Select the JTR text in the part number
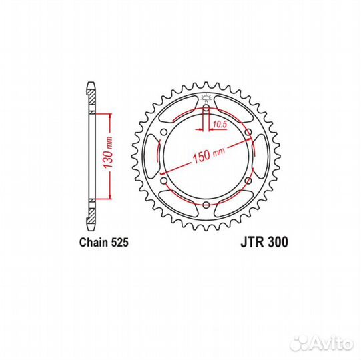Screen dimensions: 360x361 pos(252,243)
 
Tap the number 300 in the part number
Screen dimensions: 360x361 pos(278,243)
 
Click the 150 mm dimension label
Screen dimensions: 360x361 pos(209,155)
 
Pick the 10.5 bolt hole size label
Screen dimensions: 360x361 pos(218,124)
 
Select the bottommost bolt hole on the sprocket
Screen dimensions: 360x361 pos(206,204)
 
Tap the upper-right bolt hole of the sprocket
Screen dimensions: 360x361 pos(248,133)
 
